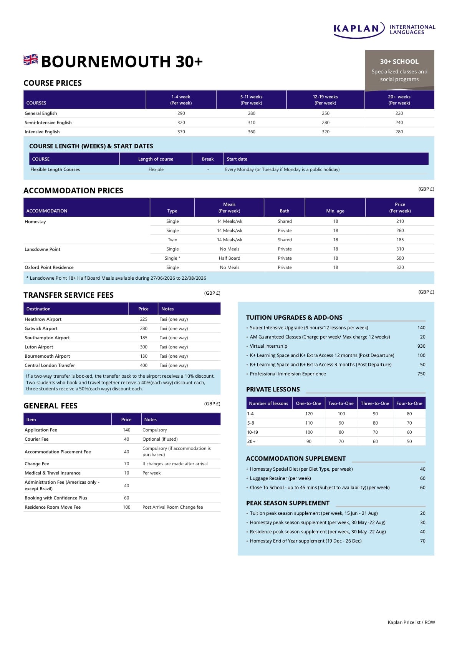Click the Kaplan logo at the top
pyautogui.click(x=384, y=30)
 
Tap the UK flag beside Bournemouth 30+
pyautogui.click(x=31, y=60)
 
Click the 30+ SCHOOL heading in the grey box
pyautogui.click(x=399, y=61)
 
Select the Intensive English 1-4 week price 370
pyautogui.click(x=181, y=132)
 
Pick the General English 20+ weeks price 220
pyautogui.click(x=399, y=113)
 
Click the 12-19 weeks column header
pyautogui.click(x=325, y=100)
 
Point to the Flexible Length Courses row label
pyautogui.click(x=55, y=169)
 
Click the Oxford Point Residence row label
pyautogui.click(x=49, y=267)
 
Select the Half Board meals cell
pyautogui.click(x=229, y=258)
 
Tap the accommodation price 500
pyautogui.click(x=400, y=258)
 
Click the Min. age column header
pyautogui.click(x=335, y=211)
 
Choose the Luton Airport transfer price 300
pyautogui.click(x=144, y=347)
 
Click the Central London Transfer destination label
pyautogui.click(x=50, y=365)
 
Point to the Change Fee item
pyautogui.click(x=37, y=464)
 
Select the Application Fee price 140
pyautogui.click(x=126, y=430)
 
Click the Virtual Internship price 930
pyautogui.click(x=421, y=346)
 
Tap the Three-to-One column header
pyautogui.click(x=375, y=403)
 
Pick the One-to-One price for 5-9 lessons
pyautogui.click(x=309, y=423)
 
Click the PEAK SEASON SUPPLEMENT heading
pyautogui.click(x=288, y=503)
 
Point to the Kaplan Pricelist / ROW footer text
pyautogui.click(x=411, y=622)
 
